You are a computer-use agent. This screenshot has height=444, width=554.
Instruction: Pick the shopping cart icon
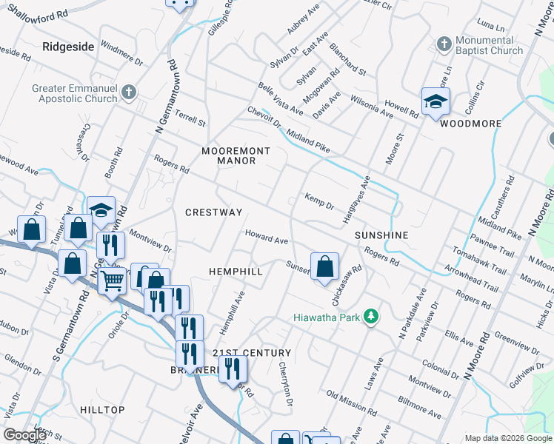pos(112,280)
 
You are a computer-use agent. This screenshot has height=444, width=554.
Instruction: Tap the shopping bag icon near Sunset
pos(324,266)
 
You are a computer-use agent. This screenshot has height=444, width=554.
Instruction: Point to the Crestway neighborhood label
pos(213,212)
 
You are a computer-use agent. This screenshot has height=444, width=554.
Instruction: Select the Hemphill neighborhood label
pos(236,272)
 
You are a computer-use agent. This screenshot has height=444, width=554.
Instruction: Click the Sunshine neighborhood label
pos(381,235)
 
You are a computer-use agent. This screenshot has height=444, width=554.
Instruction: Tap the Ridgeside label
pos(68,47)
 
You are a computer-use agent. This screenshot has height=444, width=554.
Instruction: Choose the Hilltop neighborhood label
pos(103,409)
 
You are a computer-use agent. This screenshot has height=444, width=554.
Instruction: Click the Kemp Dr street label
pos(320,200)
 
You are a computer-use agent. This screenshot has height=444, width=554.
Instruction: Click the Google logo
pos(25,435)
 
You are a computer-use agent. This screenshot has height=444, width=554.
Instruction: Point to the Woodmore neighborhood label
pos(466,124)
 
